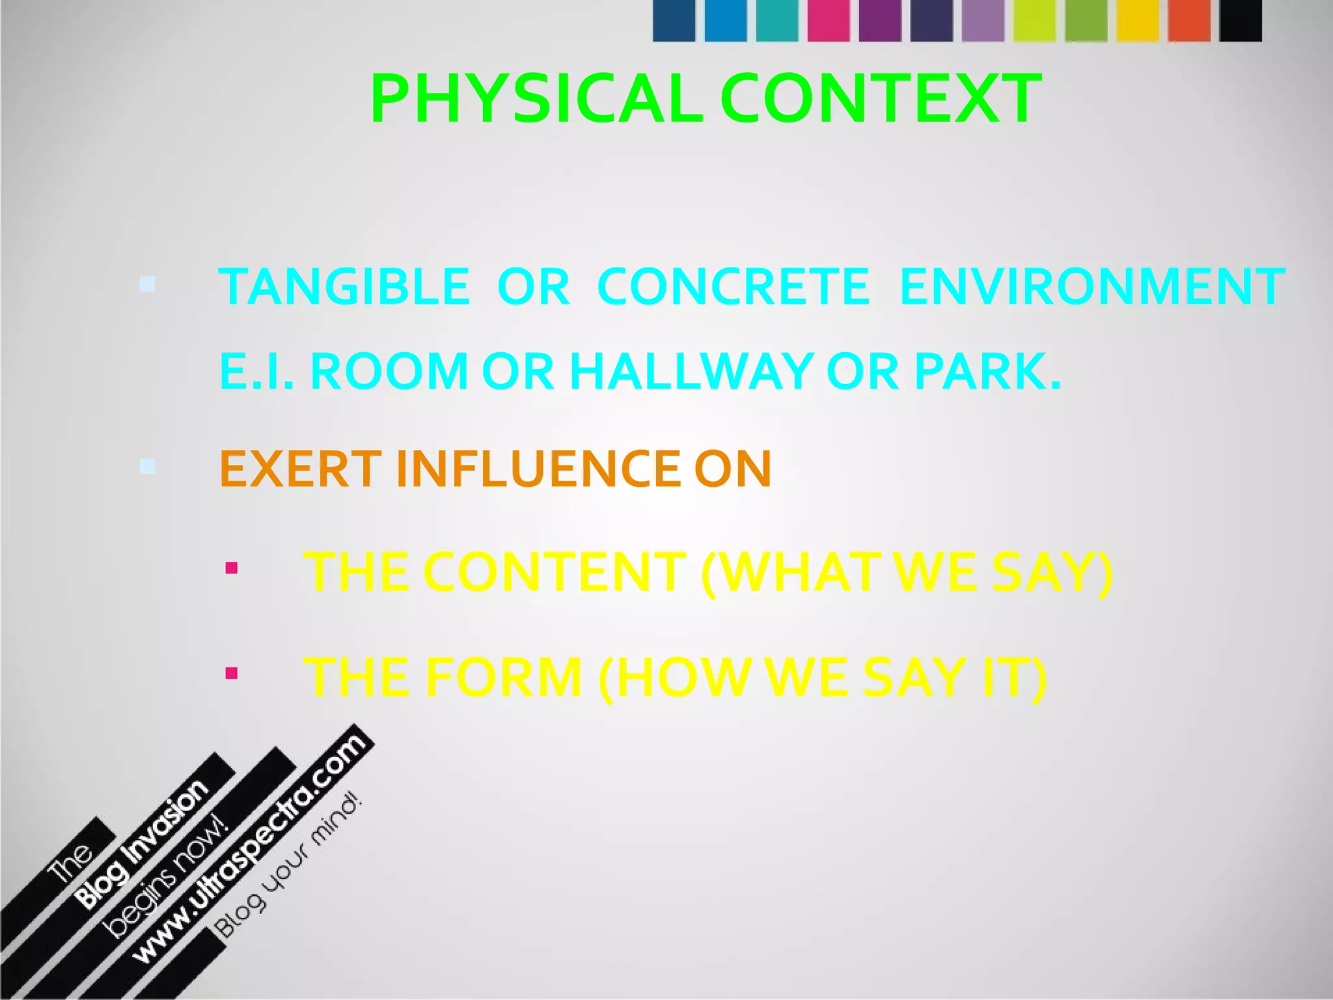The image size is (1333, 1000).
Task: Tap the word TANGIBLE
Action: click(x=344, y=286)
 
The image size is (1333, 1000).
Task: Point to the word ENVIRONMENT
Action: click(x=1092, y=286)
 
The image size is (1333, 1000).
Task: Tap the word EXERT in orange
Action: click(x=300, y=469)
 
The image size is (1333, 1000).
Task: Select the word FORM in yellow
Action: click(x=504, y=677)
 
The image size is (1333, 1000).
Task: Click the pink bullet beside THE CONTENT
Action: click(x=231, y=569)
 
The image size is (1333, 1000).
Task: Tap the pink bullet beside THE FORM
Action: click(x=231, y=673)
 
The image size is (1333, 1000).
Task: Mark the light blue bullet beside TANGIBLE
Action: click(x=148, y=284)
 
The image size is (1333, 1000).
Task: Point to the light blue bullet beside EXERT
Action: click(x=148, y=466)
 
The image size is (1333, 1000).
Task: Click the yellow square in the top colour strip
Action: click(x=1137, y=21)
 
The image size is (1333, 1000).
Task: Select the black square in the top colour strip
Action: click(x=1241, y=21)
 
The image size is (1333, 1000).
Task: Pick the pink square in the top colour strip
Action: click(x=828, y=21)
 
